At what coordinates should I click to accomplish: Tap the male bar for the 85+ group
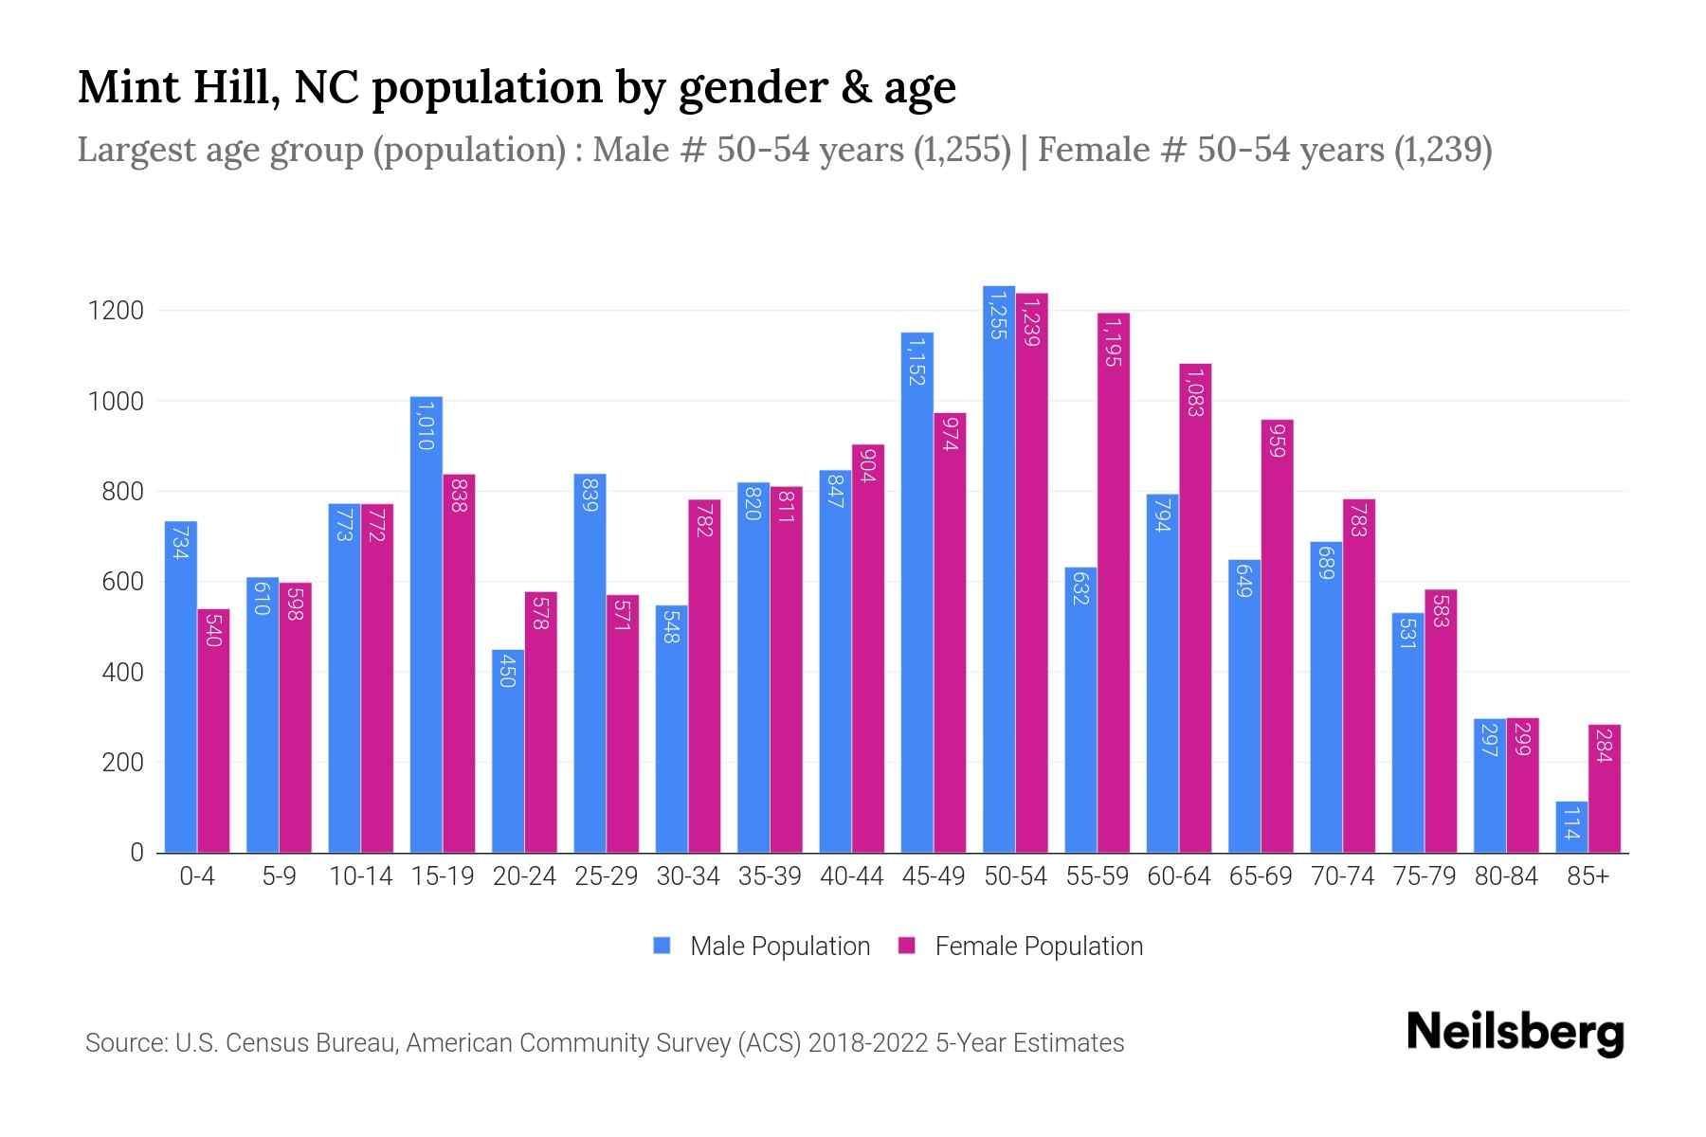point(1571,827)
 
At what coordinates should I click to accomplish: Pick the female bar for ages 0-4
point(213,731)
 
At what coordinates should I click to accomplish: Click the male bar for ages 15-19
point(426,625)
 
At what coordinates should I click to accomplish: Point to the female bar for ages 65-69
point(1277,636)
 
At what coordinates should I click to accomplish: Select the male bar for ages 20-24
point(508,751)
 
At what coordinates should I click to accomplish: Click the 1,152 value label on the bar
point(916,360)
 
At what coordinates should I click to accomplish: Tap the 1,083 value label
point(1194,393)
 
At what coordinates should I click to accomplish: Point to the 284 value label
point(1604,746)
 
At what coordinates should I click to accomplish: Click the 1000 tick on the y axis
point(116,402)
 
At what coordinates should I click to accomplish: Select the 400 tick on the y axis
point(122,673)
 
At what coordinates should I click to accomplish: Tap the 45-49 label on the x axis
point(933,876)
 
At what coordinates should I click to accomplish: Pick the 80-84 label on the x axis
point(1505,876)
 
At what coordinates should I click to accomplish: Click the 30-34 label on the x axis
point(687,876)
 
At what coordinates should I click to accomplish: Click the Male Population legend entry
point(779,947)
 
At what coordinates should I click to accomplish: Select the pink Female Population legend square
point(907,946)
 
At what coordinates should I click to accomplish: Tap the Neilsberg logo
point(1515,1034)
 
